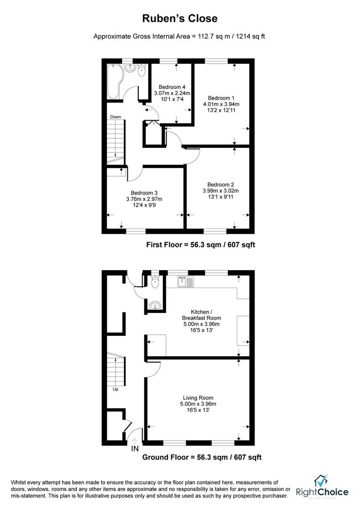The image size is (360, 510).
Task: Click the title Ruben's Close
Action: [180, 19]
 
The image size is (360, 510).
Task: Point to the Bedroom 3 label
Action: [144, 193]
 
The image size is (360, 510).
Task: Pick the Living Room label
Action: [199, 398]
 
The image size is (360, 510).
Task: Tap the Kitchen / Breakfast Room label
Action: [201, 315]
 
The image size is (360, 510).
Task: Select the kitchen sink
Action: [184, 282]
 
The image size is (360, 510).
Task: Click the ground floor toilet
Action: [155, 282]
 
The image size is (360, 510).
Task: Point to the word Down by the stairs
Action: [116, 117]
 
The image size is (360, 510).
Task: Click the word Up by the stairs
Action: [115, 390]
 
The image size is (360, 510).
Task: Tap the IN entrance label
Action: [135, 449]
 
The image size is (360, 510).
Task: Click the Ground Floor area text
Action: [202, 457]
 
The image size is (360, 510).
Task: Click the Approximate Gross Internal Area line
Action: [179, 36]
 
